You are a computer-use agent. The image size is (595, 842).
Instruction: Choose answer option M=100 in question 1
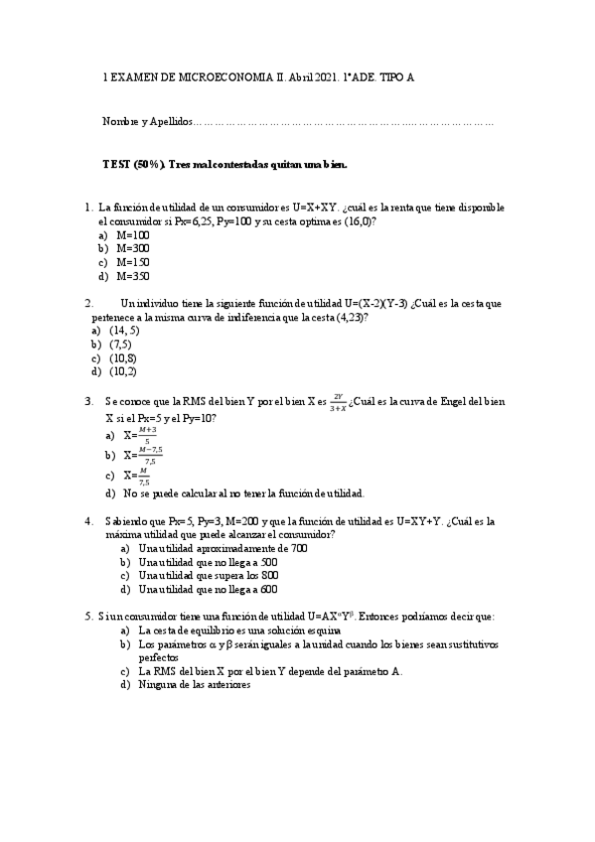tap(132, 234)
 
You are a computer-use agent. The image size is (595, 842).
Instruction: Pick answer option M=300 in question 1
tap(132, 248)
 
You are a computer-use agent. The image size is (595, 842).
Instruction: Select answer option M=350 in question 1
tap(132, 276)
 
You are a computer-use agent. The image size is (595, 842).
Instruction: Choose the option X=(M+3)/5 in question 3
tap(140, 435)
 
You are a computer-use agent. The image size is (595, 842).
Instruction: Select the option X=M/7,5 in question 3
tap(138, 475)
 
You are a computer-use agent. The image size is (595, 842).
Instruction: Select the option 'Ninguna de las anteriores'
tap(195, 684)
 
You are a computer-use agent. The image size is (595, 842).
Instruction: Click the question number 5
tap(90, 617)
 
